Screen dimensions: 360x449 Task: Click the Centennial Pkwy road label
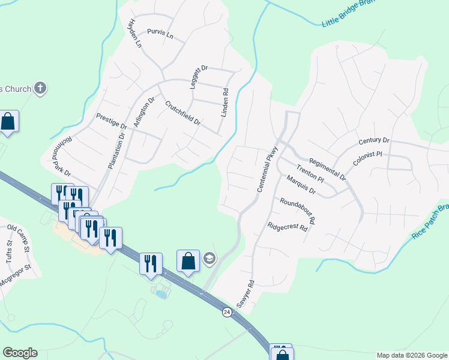268,170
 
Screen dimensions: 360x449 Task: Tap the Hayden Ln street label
134,33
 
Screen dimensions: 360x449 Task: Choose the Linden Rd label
225,103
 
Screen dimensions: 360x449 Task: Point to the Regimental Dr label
327,169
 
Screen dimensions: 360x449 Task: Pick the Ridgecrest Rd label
288,227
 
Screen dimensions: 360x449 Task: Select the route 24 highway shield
226,312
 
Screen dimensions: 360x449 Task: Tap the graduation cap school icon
209,259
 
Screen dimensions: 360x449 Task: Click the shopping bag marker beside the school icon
188,262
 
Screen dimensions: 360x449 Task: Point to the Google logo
20,353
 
